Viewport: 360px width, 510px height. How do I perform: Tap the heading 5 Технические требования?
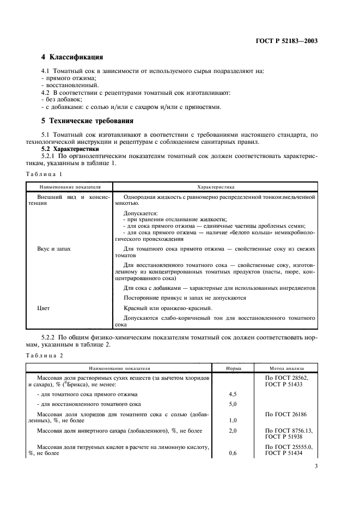88,121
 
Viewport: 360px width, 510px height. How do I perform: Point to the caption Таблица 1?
44,174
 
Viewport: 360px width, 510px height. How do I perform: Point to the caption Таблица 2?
44,355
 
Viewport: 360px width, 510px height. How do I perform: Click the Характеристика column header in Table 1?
216,186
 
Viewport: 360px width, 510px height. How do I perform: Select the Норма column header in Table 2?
233,368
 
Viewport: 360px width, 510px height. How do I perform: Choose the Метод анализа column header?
286,368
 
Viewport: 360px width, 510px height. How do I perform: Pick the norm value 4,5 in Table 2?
233,393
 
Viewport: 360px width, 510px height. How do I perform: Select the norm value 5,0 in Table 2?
233,404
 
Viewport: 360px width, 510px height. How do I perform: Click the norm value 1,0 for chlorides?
233,421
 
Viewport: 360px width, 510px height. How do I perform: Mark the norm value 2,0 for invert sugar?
233,430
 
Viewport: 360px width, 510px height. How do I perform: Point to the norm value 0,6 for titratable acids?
233,453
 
